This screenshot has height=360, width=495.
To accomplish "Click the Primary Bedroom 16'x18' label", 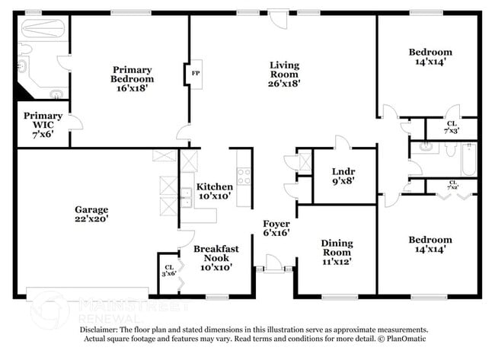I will [x=133, y=78].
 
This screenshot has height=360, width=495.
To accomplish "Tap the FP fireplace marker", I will [x=195, y=74].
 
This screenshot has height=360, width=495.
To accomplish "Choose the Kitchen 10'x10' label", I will [x=214, y=192].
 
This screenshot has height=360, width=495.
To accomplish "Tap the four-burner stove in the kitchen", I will [x=244, y=177].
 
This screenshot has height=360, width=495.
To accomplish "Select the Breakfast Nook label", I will [x=216, y=253].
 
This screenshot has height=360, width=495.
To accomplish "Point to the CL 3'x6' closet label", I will [x=169, y=270].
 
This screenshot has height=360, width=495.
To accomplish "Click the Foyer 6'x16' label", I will [x=275, y=228].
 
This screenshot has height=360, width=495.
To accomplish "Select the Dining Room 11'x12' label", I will [x=336, y=252].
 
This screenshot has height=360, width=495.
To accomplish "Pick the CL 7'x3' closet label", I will [x=452, y=127].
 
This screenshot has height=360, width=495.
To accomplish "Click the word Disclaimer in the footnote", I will [x=99, y=330].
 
